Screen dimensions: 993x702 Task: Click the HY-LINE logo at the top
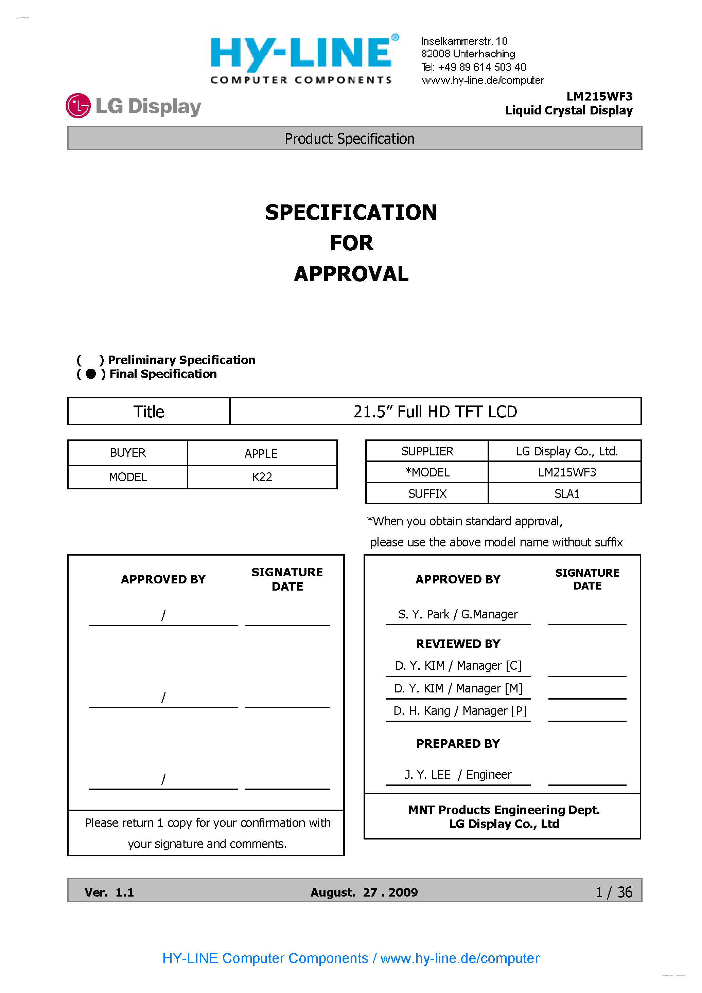click(x=302, y=59)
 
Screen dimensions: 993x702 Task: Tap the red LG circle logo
click(x=78, y=106)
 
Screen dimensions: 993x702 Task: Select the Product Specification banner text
click(x=349, y=139)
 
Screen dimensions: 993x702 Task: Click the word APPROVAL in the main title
click(x=351, y=274)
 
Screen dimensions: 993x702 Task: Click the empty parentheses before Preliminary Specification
click(x=90, y=360)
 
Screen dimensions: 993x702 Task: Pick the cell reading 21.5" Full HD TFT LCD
click(x=435, y=412)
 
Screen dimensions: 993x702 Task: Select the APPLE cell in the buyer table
click(x=261, y=453)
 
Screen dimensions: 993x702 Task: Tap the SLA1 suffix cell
click(x=566, y=493)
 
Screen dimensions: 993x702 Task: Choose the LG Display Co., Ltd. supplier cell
click(x=566, y=451)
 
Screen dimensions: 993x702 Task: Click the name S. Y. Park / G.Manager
click(x=458, y=614)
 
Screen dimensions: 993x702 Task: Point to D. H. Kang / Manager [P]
click(x=460, y=710)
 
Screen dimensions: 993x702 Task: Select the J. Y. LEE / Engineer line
click(x=458, y=775)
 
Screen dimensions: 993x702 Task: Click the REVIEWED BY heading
click(x=458, y=644)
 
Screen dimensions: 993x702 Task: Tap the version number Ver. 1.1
click(x=109, y=892)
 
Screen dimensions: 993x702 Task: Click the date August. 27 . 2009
click(x=364, y=892)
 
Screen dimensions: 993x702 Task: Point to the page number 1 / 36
click(x=614, y=892)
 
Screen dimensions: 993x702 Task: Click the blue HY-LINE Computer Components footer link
click(x=351, y=958)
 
